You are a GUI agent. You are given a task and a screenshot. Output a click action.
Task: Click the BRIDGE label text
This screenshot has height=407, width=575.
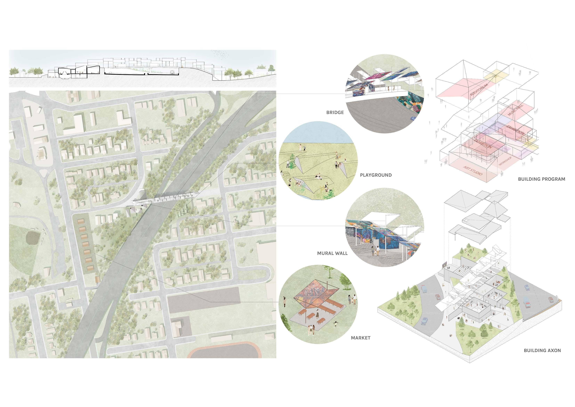(x=335, y=113)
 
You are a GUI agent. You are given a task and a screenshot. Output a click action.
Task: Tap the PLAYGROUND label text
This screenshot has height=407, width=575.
(x=376, y=175)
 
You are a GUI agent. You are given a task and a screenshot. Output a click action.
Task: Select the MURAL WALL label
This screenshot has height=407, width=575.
(x=332, y=253)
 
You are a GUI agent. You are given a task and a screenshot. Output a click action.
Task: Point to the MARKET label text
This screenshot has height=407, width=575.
(x=360, y=338)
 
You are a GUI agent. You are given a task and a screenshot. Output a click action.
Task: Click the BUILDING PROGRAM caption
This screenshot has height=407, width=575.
(x=541, y=179)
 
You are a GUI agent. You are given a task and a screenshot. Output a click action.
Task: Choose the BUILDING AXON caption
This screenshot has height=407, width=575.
(x=542, y=350)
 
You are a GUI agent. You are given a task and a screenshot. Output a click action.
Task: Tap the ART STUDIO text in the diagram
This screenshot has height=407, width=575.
(x=473, y=171)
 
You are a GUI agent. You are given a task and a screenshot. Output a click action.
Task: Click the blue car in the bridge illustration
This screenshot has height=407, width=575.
(x=413, y=118)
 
